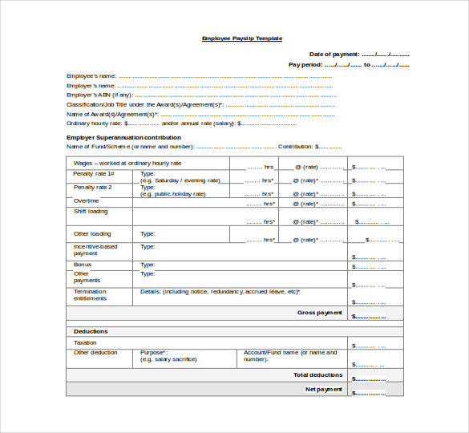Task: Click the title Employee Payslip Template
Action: tap(241, 38)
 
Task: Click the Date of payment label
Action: tap(334, 54)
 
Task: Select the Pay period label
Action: tap(305, 64)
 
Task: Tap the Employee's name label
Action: tap(91, 75)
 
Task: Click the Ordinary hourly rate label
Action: tap(95, 123)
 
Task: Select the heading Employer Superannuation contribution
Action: tap(123, 137)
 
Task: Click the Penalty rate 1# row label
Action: tap(93, 174)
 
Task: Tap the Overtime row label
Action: tap(87, 200)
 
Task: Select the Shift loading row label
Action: tap(91, 212)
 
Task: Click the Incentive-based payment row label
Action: tap(95, 249)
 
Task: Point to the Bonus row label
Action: tap(83, 265)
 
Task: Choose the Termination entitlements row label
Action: tap(90, 295)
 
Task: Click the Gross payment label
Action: tap(320, 313)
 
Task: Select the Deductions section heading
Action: tap(91, 331)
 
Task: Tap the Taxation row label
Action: tap(85, 342)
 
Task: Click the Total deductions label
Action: tap(318, 374)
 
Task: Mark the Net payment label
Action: tap(324, 389)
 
